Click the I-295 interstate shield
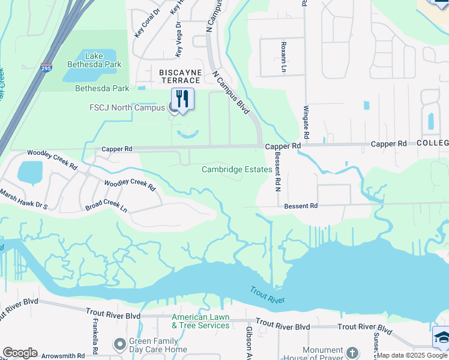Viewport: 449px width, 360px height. pyautogui.click(x=46, y=67)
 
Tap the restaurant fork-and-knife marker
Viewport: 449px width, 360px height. pyautogui.click(x=183, y=99)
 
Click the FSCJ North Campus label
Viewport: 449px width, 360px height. pyautogui.click(x=127, y=108)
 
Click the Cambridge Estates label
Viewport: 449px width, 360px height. pyautogui.click(x=237, y=169)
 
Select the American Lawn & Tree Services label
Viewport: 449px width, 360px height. pyautogui.click(x=200, y=321)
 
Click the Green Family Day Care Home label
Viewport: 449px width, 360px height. pyautogui.click(x=158, y=345)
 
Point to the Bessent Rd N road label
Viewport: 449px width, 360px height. pyautogui.click(x=278, y=172)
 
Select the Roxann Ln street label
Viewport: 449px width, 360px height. pyautogui.click(x=283, y=57)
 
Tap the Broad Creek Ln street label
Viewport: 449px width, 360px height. pyautogui.click(x=106, y=207)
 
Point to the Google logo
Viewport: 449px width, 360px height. pyautogui.click(x=20, y=353)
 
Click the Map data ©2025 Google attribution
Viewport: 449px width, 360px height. pyautogui.click(x=412, y=355)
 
